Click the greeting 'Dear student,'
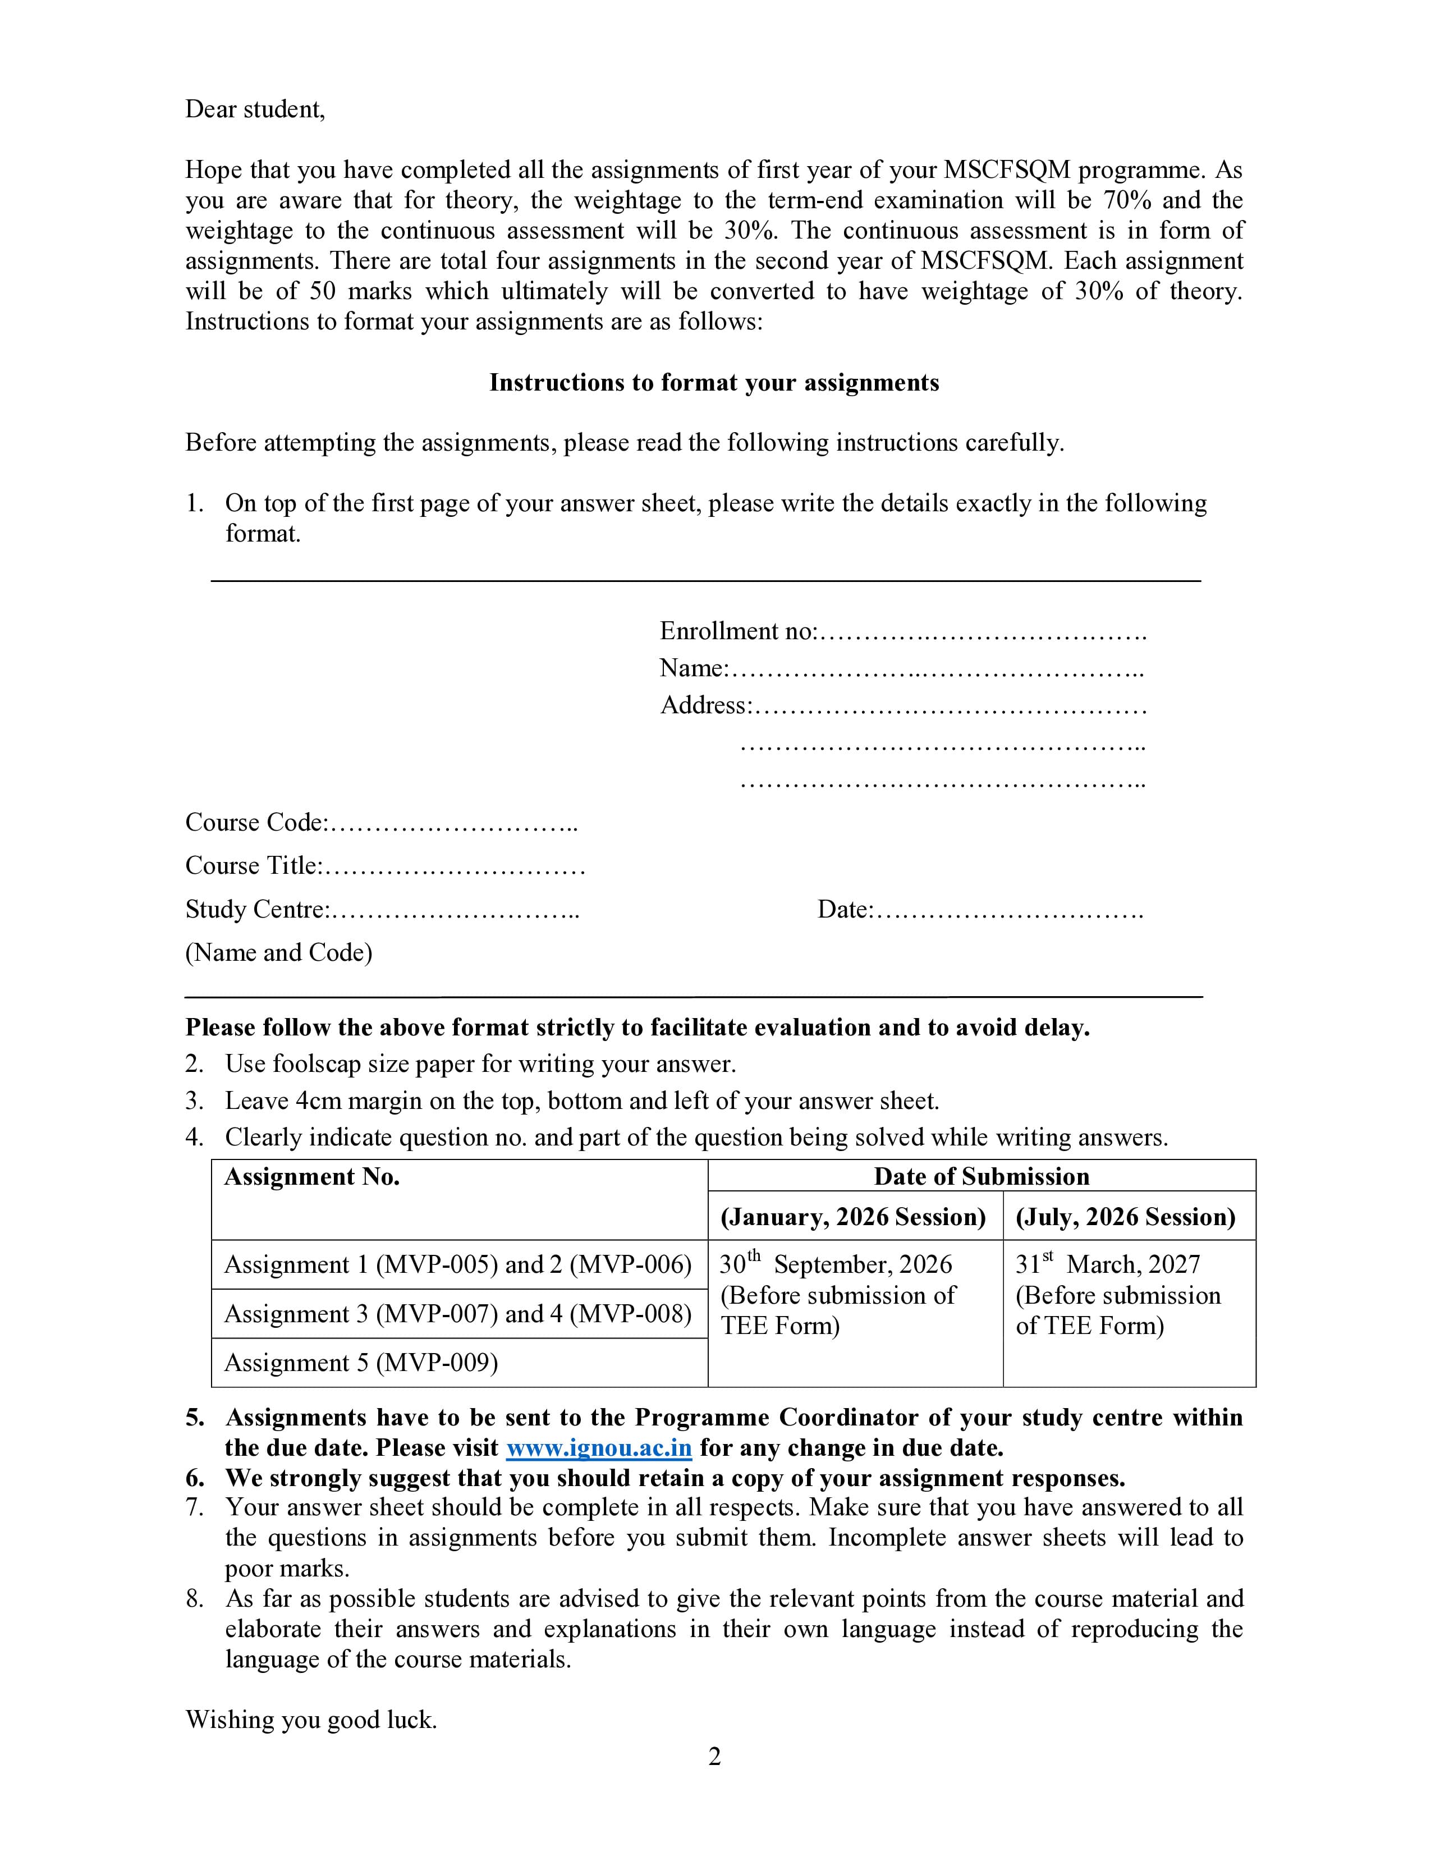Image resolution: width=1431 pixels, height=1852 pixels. click(x=254, y=109)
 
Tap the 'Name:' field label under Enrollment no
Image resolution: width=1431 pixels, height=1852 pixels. click(x=694, y=668)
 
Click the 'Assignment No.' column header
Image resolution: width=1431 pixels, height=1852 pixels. click(x=311, y=1177)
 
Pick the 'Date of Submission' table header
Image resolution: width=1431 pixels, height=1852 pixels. click(x=981, y=1177)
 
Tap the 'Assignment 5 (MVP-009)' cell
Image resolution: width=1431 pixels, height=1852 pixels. click(x=360, y=1363)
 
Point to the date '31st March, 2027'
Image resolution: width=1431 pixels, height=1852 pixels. click(x=1108, y=1264)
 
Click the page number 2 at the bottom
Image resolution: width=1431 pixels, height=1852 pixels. click(x=714, y=1757)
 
